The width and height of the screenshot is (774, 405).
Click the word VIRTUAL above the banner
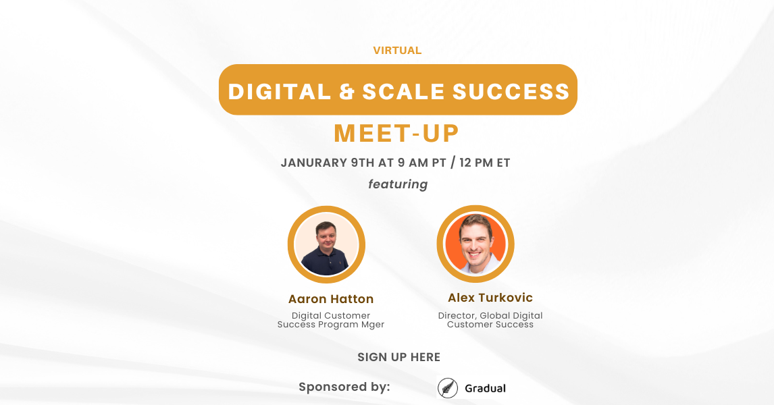click(397, 51)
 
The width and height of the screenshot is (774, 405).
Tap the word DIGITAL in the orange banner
click(280, 92)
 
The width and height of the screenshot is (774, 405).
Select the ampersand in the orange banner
click(347, 92)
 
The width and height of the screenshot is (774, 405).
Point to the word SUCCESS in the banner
click(511, 92)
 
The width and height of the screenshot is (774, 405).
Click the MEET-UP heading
click(397, 133)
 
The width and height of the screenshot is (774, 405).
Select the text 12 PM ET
click(485, 163)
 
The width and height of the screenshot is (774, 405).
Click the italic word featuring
click(398, 184)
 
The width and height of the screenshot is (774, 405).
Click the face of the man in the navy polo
click(326, 236)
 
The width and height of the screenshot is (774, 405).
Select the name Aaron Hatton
click(331, 299)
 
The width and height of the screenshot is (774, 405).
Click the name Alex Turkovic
click(490, 298)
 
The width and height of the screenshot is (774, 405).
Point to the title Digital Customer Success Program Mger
click(331, 320)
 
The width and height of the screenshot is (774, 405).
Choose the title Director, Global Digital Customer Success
click(490, 320)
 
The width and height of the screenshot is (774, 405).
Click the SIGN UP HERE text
click(399, 357)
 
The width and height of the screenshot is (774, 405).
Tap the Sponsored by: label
click(344, 387)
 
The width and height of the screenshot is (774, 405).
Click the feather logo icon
click(448, 387)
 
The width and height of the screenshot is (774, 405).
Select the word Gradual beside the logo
click(485, 388)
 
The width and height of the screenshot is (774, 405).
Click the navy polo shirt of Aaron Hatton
click(326, 261)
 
